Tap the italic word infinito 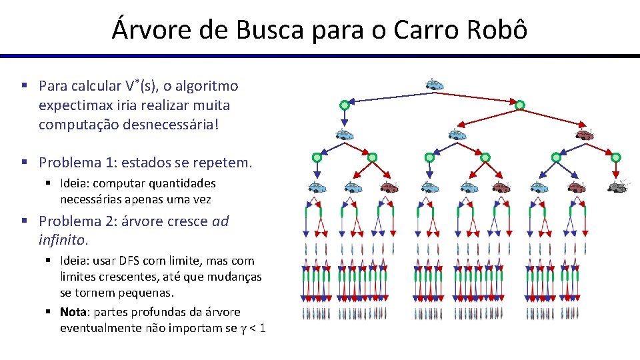pyautogui.click(x=63, y=239)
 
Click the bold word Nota pyautogui.click(x=73, y=312)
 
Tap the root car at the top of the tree pyautogui.click(x=435, y=85)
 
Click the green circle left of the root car pyautogui.click(x=345, y=105)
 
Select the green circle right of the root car pyautogui.click(x=519, y=105)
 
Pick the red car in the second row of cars pyautogui.click(x=584, y=135)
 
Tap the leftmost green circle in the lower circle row pyautogui.click(x=317, y=158)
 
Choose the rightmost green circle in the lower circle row pyautogui.click(x=615, y=158)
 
